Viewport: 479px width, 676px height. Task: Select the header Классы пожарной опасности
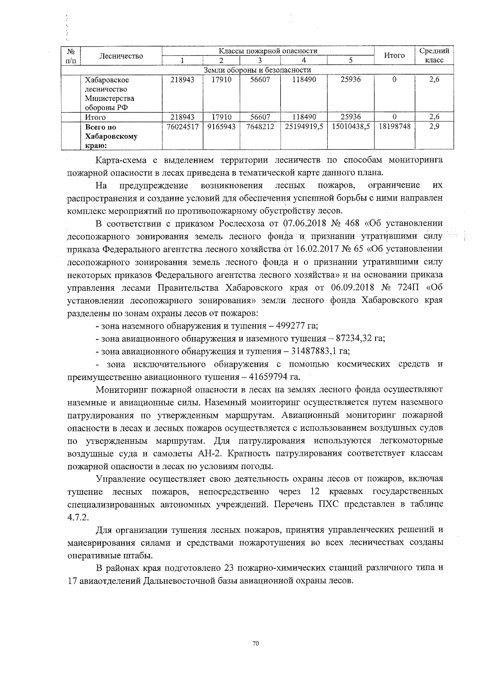pos(267,51)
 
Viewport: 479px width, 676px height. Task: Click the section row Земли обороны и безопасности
pos(257,70)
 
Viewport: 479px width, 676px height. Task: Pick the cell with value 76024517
pos(182,127)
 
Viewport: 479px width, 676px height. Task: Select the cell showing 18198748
pos(394,127)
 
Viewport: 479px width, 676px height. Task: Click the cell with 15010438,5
pos(350,127)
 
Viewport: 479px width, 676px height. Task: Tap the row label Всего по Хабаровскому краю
pos(111,136)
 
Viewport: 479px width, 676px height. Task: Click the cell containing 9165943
pos(222,127)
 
